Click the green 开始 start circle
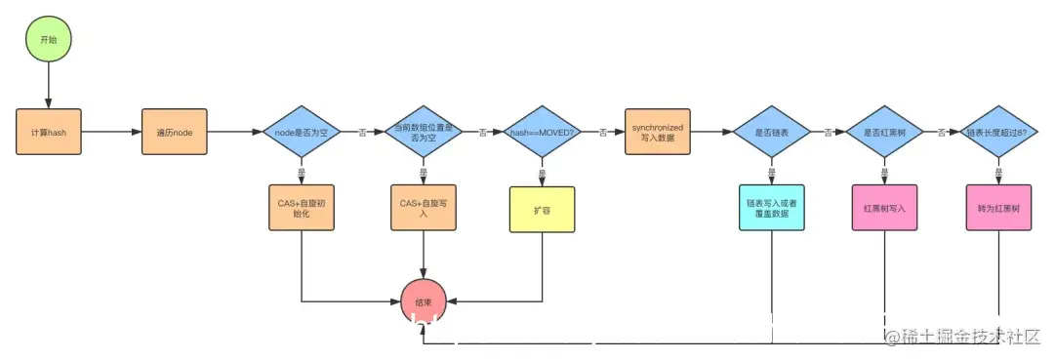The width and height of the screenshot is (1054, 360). pyautogui.click(x=48, y=42)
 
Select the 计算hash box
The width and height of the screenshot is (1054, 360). pyautogui.click(x=48, y=131)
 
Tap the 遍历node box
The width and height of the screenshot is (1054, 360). pyautogui.click(x=175, y=131)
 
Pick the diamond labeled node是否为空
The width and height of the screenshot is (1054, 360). pyautogui.click(x=302, y=131)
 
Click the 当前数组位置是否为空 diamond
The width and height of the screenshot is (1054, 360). pyautogui.click(x=423, y=131)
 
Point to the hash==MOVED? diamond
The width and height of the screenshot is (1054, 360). pyautogui.click(x=541, y=131)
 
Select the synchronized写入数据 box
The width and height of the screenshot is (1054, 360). pyautogui.click(x=658, y=131)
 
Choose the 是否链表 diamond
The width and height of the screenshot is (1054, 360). pyautogui.click(x=772, y=131)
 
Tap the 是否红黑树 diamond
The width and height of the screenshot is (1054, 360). pyautogui.click(x=884, y=131)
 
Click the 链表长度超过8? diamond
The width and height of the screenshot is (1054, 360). pyautogui.click(x=997, y=131)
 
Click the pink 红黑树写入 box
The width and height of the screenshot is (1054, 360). pyautogui.click(x=884, y=208)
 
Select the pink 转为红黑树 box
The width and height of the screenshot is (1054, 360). pyautogui.click(x=997, y=208)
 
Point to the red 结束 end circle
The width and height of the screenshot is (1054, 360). pyautogui.click(x=424, y=300)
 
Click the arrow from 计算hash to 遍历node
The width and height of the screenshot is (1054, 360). pyautogui.click(x=110, y=131)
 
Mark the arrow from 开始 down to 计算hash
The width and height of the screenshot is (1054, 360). pyautogui.click(x=48, y=86)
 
